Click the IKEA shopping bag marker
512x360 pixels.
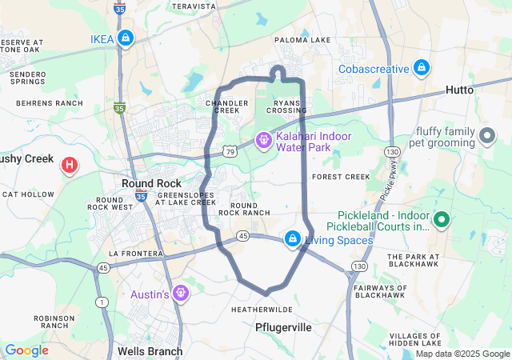tap(126, 38)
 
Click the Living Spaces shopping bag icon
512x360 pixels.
tap(294, 238)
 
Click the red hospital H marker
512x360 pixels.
tap(70, 166)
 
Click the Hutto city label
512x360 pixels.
tap(458, 90)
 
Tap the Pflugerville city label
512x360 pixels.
tap(282, 328)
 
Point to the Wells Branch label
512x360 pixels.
tap(150, 350)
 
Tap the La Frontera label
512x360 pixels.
tap(135, 253)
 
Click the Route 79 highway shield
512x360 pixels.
tap(230, 150)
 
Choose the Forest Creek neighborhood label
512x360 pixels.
tap(341, 176)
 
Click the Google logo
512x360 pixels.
tap(26, 350)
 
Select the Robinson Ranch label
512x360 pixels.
tap(54, 322)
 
